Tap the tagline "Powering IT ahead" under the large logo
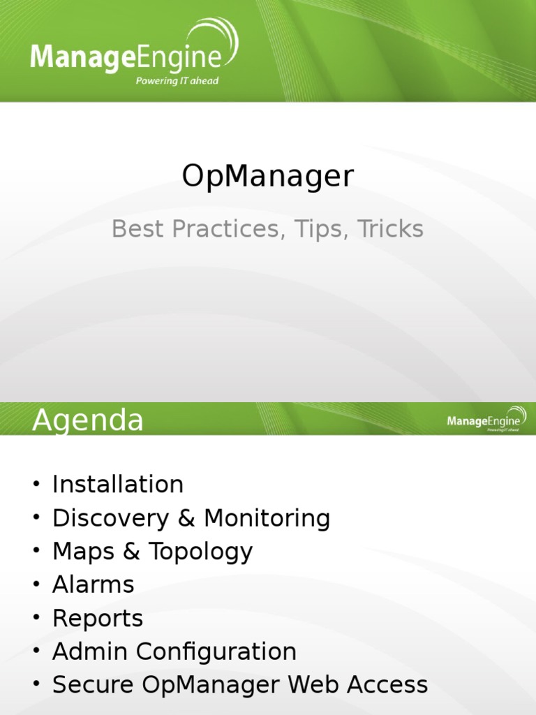tap(177, 81)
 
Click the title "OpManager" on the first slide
tap(268, 177)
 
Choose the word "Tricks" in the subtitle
tap(390, 229)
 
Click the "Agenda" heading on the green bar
tap(88, 420)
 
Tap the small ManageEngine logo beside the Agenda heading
tap(486, 420)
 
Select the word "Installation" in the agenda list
tap(118, 485)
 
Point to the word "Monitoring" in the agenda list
tap(267, 518)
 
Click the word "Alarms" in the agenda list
tap(94, 584)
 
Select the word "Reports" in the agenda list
tap(98, 619)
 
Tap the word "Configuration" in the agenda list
tap(216, 651)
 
